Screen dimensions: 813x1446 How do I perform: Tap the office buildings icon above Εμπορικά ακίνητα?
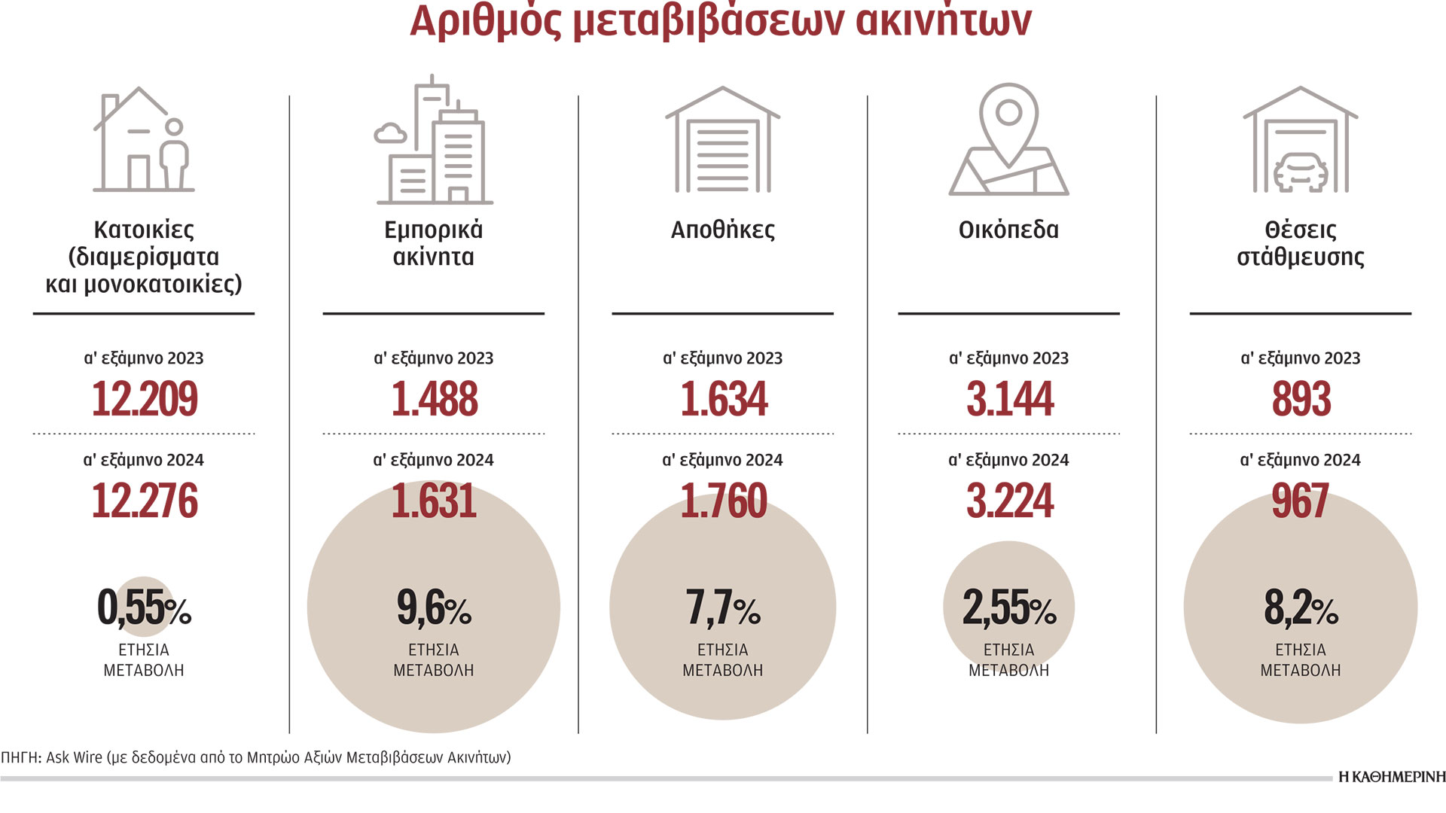click(x=435, y=142)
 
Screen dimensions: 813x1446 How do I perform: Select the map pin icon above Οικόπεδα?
click(x=1008, y=140)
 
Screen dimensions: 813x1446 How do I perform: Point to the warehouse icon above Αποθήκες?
click(x=722, y=142)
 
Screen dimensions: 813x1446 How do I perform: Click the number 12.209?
click(x=145, y=399)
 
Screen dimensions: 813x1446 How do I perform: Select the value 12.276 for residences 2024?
click(x=145, y=501)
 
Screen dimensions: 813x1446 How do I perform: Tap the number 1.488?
click(x=435, y=399)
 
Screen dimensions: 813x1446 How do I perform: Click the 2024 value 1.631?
click(x=435, y=501)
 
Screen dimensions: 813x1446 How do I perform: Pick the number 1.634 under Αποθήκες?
click(x=724, y=399)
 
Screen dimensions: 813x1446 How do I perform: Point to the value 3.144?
click(x=1010, y=399)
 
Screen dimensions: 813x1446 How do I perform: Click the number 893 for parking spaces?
click(x=1301, y=399)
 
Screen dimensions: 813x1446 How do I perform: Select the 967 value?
click(x=1301, y=501)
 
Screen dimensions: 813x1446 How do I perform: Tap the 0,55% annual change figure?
click(x=144, y=608)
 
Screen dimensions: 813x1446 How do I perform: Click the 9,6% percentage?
click(x=434, y=608)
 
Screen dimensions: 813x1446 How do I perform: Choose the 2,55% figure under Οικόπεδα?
click(x=1009, y=608)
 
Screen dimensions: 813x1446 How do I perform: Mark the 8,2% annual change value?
click(x=1301, y=608)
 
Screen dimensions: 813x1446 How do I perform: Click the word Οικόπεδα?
click(x=1008, y=230)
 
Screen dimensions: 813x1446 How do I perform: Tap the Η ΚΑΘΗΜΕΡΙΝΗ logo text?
click(x=1392, y=777)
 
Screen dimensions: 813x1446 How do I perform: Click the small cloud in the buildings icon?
click(x=390, y=134)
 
